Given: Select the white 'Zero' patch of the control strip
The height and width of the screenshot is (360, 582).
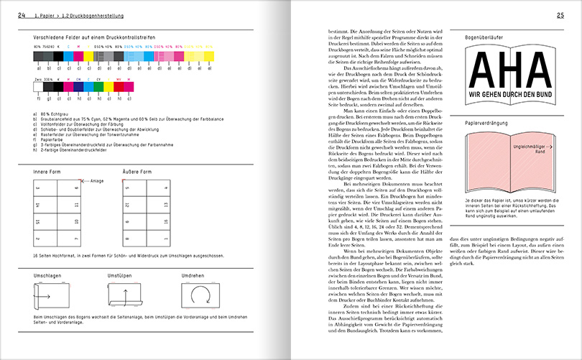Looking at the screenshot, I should [x=38, y=87].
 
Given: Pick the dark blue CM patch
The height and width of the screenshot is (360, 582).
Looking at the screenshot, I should [x=78, y=87].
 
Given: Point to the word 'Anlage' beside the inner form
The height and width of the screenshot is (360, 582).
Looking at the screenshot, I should [x=96, y=182].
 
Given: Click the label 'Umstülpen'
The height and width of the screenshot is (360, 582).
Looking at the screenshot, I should [x=120, y=277].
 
